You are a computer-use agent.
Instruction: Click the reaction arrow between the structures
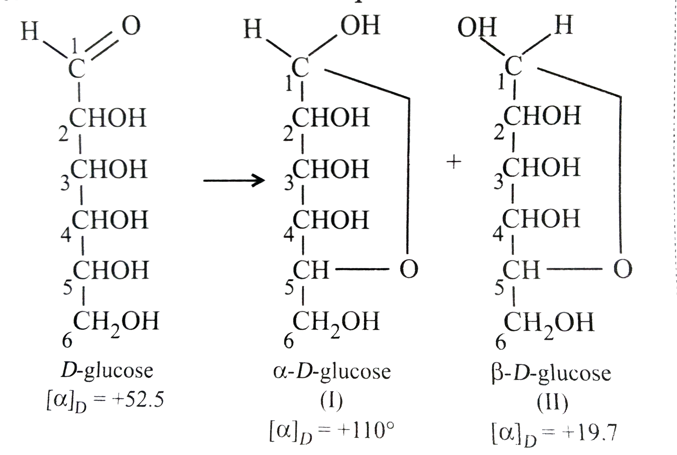pos(234,180)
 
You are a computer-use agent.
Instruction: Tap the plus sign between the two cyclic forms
pos(453,162)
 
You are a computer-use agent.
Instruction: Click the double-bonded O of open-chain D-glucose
pos(131,25)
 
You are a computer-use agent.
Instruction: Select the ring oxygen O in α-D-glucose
pos(409,269)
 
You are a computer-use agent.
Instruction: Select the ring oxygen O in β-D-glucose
pos(622,269)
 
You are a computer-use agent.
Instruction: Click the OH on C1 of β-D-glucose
pos(477,27)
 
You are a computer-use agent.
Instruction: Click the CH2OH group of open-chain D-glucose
pos(116,323)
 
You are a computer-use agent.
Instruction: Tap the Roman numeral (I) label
pos(331,402)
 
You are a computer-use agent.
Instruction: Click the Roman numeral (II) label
pos(552,403)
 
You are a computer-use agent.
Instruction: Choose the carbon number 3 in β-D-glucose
pos(498,182)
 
